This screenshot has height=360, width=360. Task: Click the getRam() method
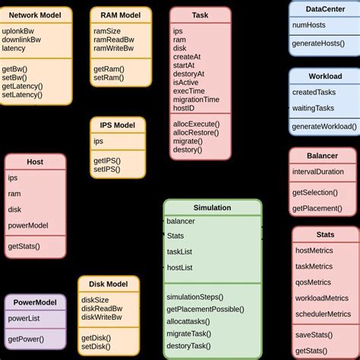tap(109, 68)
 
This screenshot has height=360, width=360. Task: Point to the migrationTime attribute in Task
tap(197, 99)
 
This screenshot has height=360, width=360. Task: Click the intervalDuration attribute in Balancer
tap(318, 172)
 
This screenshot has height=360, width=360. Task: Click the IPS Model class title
tap(117, 125)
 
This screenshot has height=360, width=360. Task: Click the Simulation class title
tap(212, 207)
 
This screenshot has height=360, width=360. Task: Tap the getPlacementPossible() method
tap(205, 309)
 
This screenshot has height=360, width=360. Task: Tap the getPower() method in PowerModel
tap(26, 339)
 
